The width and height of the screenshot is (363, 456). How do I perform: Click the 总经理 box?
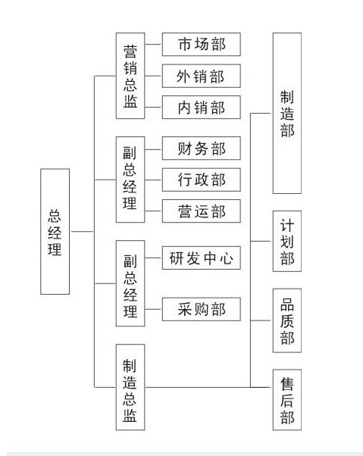[x=55, y=232]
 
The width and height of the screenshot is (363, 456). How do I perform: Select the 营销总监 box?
[x=130, y=76]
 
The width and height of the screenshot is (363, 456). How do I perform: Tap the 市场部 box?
[x=202, y=44]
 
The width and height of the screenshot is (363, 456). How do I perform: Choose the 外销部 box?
[x=202, y=76]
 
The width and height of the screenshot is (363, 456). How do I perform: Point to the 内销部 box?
[x=202, y=107]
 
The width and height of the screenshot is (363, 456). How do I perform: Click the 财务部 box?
[x=202, y=148]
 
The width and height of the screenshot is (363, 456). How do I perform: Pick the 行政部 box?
[x=202, y=180]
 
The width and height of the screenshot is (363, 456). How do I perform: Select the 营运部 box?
[x=202, y=211]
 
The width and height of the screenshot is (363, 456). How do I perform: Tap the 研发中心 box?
[x=202, y=258]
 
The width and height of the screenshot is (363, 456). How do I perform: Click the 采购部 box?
[x=202, y=309]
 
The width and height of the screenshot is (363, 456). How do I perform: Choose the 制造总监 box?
[x=130, y=387]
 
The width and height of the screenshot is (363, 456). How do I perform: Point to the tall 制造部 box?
[x=287, y=113]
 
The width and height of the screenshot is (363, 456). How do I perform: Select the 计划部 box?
[x=287, y=241]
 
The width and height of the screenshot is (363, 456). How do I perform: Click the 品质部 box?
[x=287, y=320]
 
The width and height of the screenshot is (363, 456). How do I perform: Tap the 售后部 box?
[x=287, y=400]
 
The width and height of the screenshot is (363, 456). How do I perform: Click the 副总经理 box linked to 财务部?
[x=130, y=180]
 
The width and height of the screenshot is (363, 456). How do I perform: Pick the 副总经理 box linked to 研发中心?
[x=130, y=283]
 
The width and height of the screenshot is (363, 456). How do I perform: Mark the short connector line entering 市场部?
[x=153, y=45]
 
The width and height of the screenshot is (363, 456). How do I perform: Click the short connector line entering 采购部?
[x=153, y=309]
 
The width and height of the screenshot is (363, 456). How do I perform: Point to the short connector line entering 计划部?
[x=261, y=241]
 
